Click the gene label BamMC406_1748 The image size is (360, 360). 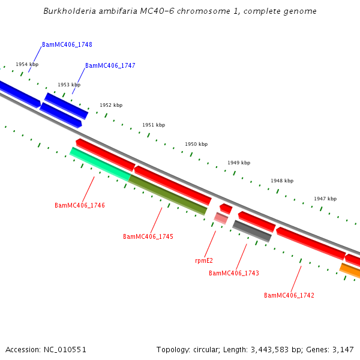click(67, 45)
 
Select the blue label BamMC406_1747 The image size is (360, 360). click(110, 66)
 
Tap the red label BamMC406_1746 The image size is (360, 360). click(80, 205)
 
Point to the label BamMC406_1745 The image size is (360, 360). click(148, 236)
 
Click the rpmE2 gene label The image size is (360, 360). click(204, 260)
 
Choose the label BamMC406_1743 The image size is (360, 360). click(234, 273)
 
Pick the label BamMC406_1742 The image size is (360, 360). click(289, 295)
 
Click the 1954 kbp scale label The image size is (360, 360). click(27, 64)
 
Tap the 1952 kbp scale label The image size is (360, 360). click(111, 105)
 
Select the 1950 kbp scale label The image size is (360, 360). click(196, 144)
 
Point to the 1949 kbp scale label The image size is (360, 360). click(239, 163)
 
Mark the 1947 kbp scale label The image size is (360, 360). click(325, 199)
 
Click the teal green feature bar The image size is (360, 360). click(100, 164)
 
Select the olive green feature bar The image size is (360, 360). click(168, 194)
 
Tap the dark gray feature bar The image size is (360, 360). click(252, 231)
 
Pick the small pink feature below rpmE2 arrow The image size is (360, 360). click(221, 218)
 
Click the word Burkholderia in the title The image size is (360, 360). click(68, 11)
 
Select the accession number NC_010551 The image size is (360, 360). click(64, 349)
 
